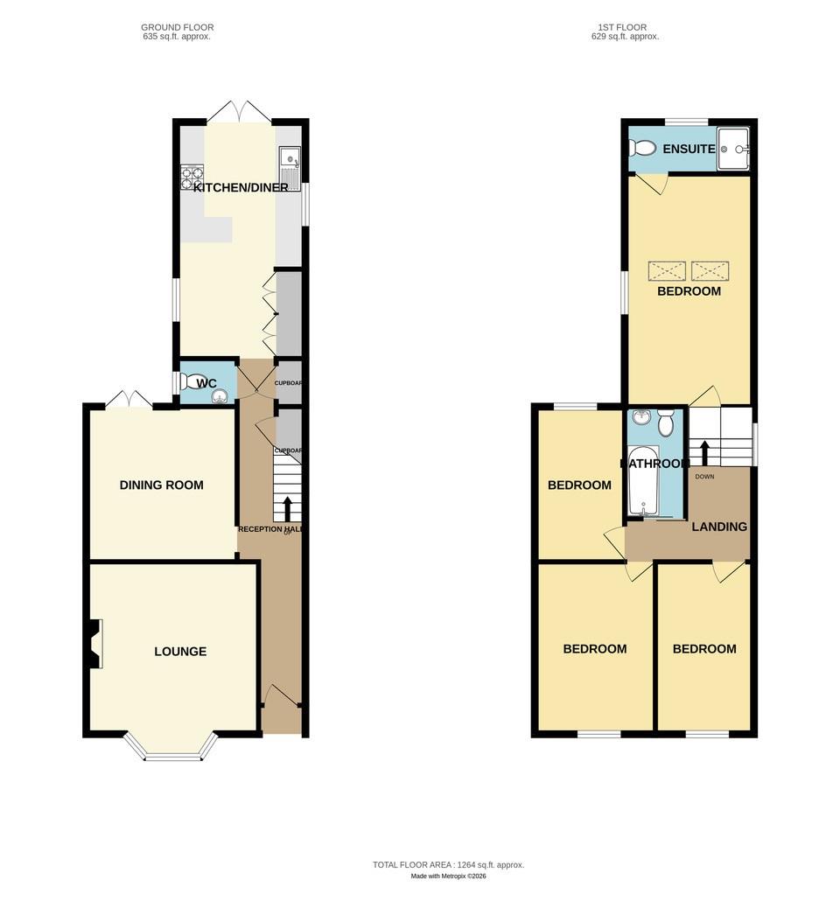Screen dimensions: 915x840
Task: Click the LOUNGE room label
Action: [x=180, y=651]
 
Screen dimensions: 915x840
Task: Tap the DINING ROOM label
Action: [x=161, y=485]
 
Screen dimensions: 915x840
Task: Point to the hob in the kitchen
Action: [x=192, y=178]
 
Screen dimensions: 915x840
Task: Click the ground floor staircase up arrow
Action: [x=287, y=508]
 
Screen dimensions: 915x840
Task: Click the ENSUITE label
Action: [x=689, y=149]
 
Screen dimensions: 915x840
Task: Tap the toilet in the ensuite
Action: [x=643, y=149]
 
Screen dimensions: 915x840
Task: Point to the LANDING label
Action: [x=719, y=527]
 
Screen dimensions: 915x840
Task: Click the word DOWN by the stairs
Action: [x=704, y=477]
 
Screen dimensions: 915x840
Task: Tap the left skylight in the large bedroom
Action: [x=667, y=270]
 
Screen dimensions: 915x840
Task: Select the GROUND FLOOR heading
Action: [x=177, y=28]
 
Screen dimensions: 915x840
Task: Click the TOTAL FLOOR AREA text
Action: [x=448, y=864]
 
